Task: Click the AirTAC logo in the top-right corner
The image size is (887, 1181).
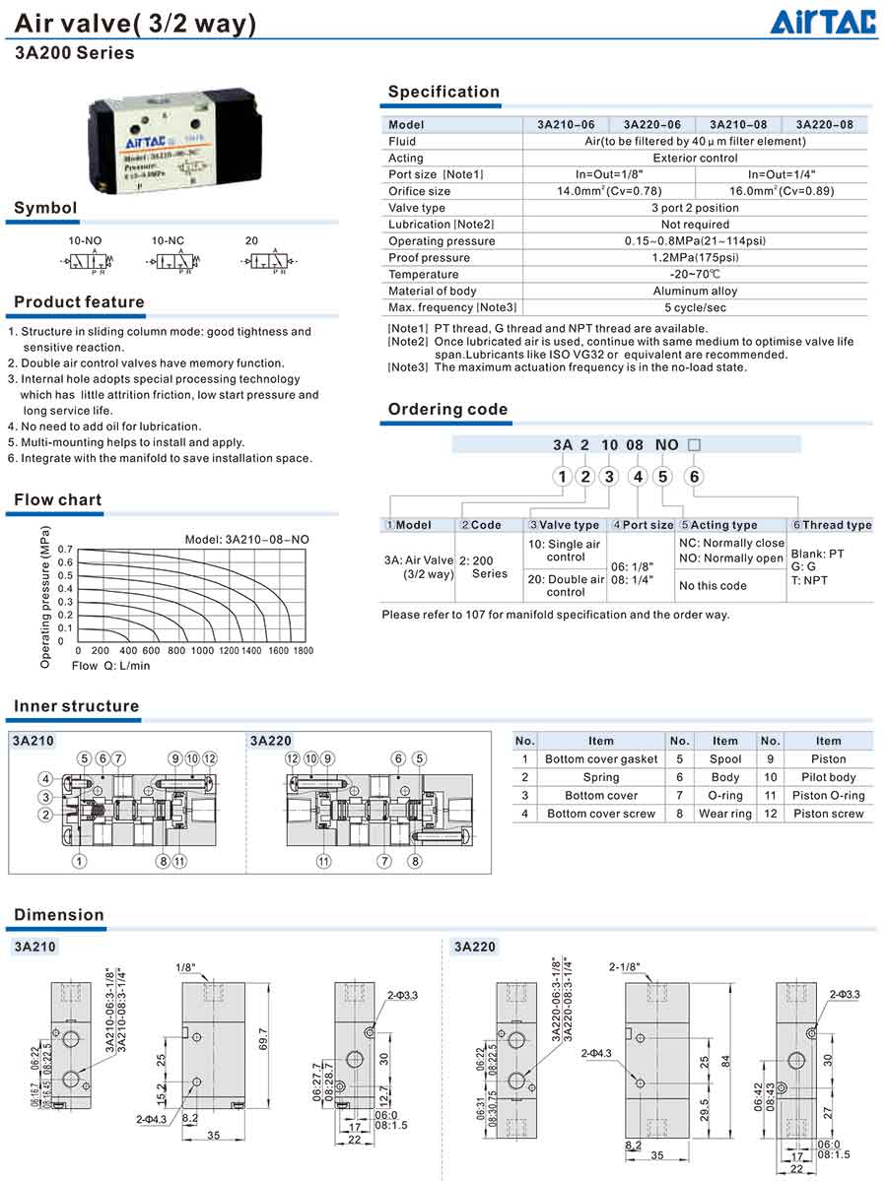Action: pos(823,22)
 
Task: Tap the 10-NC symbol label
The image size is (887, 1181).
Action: pos(168,240)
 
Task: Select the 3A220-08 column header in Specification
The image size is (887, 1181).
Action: pos(825,125)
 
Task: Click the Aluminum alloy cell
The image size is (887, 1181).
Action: pos(695,292)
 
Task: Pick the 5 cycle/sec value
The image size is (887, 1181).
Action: pos(695,307)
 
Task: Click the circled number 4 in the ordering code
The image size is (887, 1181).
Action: pos(638,478)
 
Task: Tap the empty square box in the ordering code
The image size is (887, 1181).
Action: pos(694,445)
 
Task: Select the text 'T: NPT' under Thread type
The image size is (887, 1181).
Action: pos(809,580)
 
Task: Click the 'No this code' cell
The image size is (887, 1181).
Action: pos(713,586)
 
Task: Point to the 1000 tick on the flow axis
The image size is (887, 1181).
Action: pos(202,651)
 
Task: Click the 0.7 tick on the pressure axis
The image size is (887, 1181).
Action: pos(65,550)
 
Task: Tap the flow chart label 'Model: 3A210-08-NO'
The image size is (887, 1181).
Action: pos(246,539)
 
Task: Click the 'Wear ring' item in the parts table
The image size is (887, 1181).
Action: pos(724,814)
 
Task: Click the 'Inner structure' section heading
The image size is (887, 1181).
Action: pos(77,706)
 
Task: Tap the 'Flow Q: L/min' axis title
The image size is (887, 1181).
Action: pos(110,666)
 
